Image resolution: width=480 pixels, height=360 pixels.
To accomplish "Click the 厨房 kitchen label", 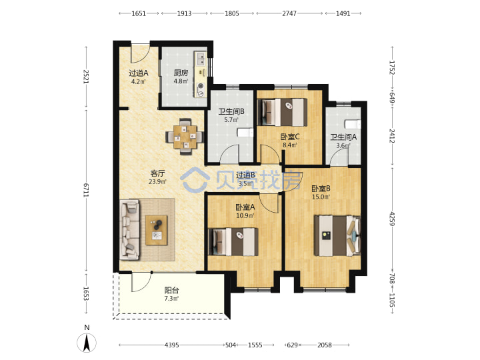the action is [181, 73].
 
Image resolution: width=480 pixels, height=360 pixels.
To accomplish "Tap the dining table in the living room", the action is [185, 137].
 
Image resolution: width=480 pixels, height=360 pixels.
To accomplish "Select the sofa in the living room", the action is [130, 230].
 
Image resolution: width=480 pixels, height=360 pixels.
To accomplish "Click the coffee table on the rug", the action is [157, 230].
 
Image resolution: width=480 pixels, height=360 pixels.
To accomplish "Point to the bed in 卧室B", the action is [337, 235].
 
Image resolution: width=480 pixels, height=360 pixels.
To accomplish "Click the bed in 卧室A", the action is [233, 242].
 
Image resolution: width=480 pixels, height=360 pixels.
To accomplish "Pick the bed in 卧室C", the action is [282, 112].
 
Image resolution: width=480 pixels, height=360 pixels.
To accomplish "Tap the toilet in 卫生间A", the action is [353, 124].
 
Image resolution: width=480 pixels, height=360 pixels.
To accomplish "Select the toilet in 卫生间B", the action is [245, 133].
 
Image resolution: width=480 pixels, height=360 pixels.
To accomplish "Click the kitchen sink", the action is [201, 59].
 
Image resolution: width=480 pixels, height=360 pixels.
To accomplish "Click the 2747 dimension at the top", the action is [289, 13].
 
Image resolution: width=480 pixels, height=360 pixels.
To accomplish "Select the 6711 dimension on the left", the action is [86, 191].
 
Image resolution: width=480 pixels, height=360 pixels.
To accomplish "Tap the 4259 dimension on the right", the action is [392, 219].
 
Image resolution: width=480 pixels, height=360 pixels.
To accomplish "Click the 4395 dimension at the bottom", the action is [171, 345].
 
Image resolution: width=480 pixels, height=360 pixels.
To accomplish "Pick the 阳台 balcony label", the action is [171, 290].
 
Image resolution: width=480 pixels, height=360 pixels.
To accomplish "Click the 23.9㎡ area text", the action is [157, 181].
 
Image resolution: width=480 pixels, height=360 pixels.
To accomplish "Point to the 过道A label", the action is [139, 73].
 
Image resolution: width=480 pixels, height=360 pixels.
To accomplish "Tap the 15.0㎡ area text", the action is [321, 197].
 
